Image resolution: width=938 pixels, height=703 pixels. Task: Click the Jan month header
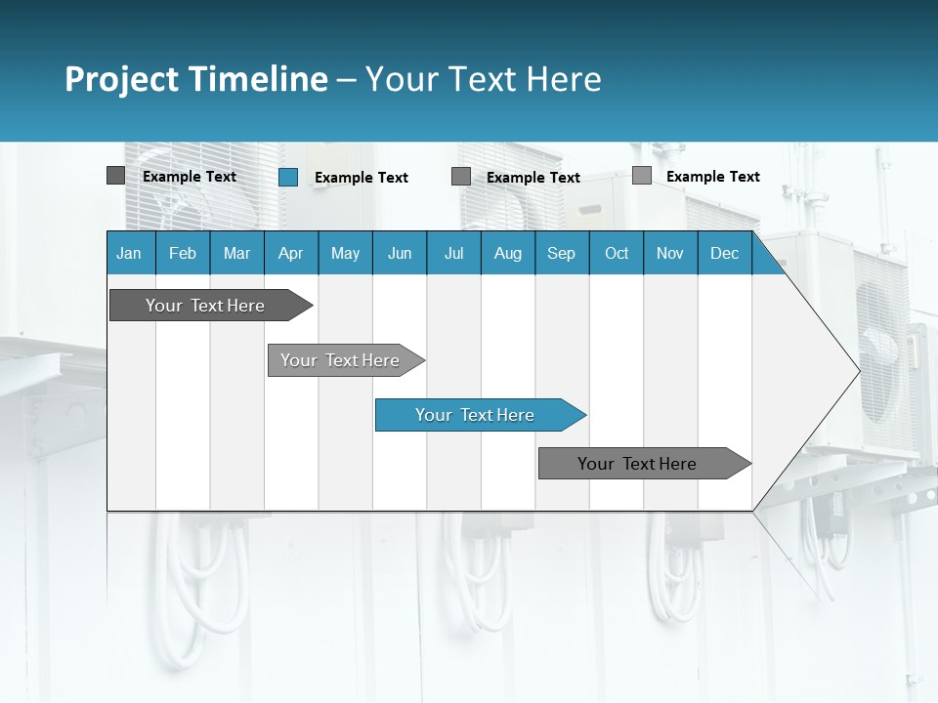tap(129, 253)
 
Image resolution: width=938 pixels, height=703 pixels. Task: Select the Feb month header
tap(183, 253)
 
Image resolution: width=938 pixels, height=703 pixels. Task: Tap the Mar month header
tap(236, 253)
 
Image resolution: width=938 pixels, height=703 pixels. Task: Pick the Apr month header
tap(290, 253)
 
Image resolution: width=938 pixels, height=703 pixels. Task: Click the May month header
tap(345, 253)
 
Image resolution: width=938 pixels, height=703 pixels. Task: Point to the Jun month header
tap(400, 253)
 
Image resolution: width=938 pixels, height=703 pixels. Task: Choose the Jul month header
tap(453, 253)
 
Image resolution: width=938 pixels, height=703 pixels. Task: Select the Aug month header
tap(507, 253)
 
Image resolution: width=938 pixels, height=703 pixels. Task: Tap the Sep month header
tap(561, 253)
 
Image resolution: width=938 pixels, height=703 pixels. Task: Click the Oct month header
tap(617, 253)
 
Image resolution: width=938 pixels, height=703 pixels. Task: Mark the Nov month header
tap(670, 253)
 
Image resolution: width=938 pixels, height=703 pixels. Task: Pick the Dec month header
tap(724, 253)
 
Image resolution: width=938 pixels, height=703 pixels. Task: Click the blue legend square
tap(288, 177)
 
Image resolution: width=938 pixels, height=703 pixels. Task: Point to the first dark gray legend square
tap(115, 176)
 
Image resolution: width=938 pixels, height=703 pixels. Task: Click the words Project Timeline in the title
tap(196, 79)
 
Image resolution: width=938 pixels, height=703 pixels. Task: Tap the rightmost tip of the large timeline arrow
tap(858, 370)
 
